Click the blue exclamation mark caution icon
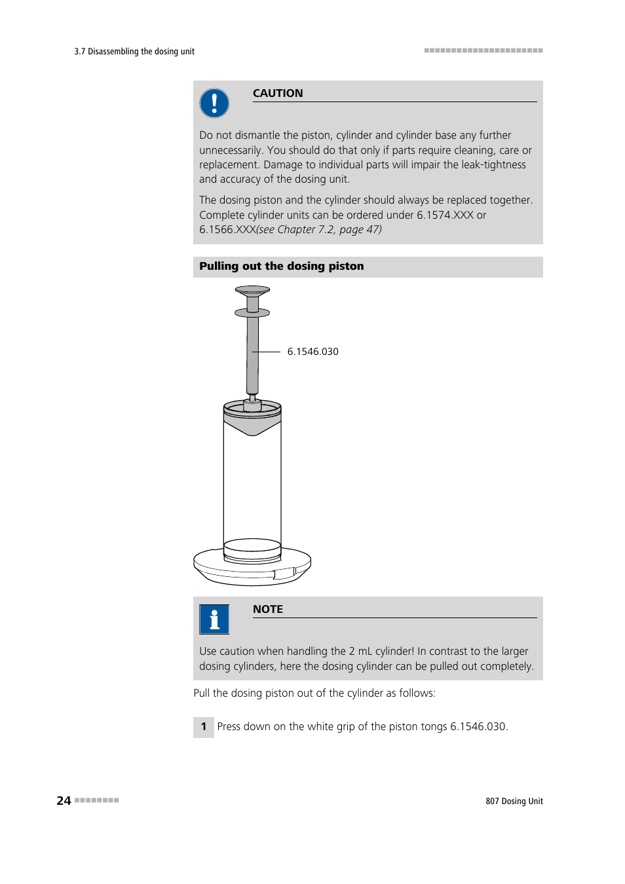pos(214,103)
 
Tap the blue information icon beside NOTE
pos(214,619)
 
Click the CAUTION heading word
pos(278,93)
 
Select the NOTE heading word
pos(268,609)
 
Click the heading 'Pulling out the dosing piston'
pos(282,267)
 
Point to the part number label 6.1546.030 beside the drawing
pos(312,352)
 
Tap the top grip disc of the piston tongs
pos(252,290)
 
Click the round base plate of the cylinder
pos(252,570)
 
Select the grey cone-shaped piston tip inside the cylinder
pos(252,426)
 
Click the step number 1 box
pos(204,727)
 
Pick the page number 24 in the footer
pos(64,801)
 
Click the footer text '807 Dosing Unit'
pos(514,801)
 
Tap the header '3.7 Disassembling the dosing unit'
pos(134,52)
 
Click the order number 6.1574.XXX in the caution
pos(445,215)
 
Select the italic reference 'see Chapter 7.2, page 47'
pos(319,229)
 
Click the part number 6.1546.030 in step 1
pos(478,727)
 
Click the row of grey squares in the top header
pos(483,50)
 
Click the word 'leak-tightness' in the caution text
pos(493,164)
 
